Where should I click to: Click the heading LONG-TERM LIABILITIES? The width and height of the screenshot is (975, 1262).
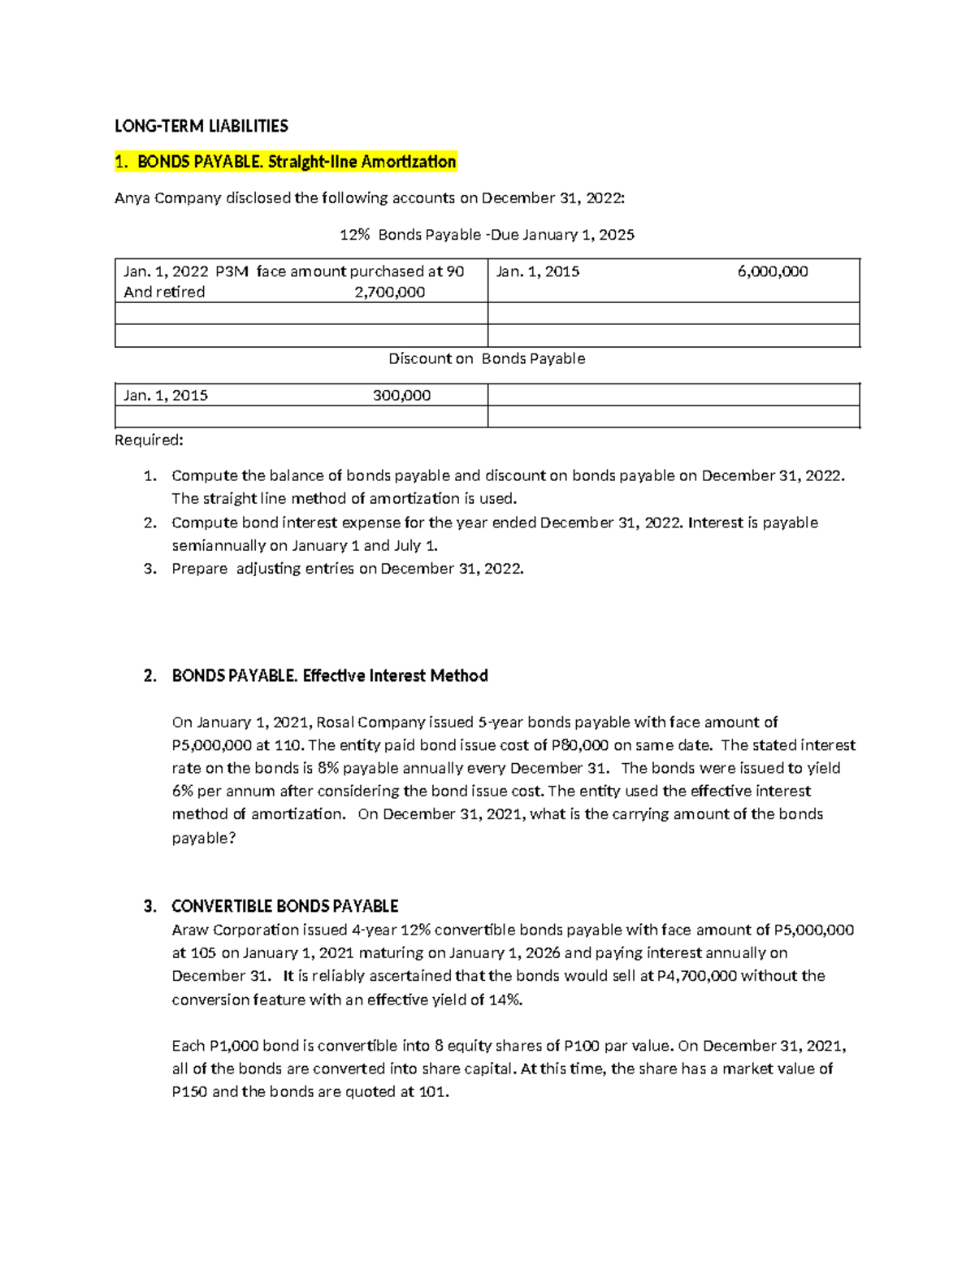tap(201, 126)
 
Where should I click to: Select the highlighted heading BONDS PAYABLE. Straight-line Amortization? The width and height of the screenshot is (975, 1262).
tap(285, 162)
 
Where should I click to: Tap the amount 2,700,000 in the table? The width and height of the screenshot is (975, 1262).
tap(389, 293)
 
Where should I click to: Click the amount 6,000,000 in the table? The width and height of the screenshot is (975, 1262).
tap(772, 271)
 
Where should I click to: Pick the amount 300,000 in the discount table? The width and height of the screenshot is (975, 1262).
tap(401, 396)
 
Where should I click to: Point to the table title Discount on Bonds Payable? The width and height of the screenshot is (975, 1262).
tap(486, 358)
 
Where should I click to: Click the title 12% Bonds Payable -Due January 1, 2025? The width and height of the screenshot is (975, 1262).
tap(486, 235)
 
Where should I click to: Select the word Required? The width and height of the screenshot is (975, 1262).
tap(149, 440)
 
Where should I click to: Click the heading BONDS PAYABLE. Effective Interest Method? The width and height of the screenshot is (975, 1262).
tap(329, 676)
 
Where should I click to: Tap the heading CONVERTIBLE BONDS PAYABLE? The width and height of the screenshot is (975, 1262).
tap(284, 906)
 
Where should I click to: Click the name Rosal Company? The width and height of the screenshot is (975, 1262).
tap(370, 722)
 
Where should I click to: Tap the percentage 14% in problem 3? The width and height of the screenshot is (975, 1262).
tap(505, 1000)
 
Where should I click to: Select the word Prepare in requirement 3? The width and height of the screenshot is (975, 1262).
tap(199, 569)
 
